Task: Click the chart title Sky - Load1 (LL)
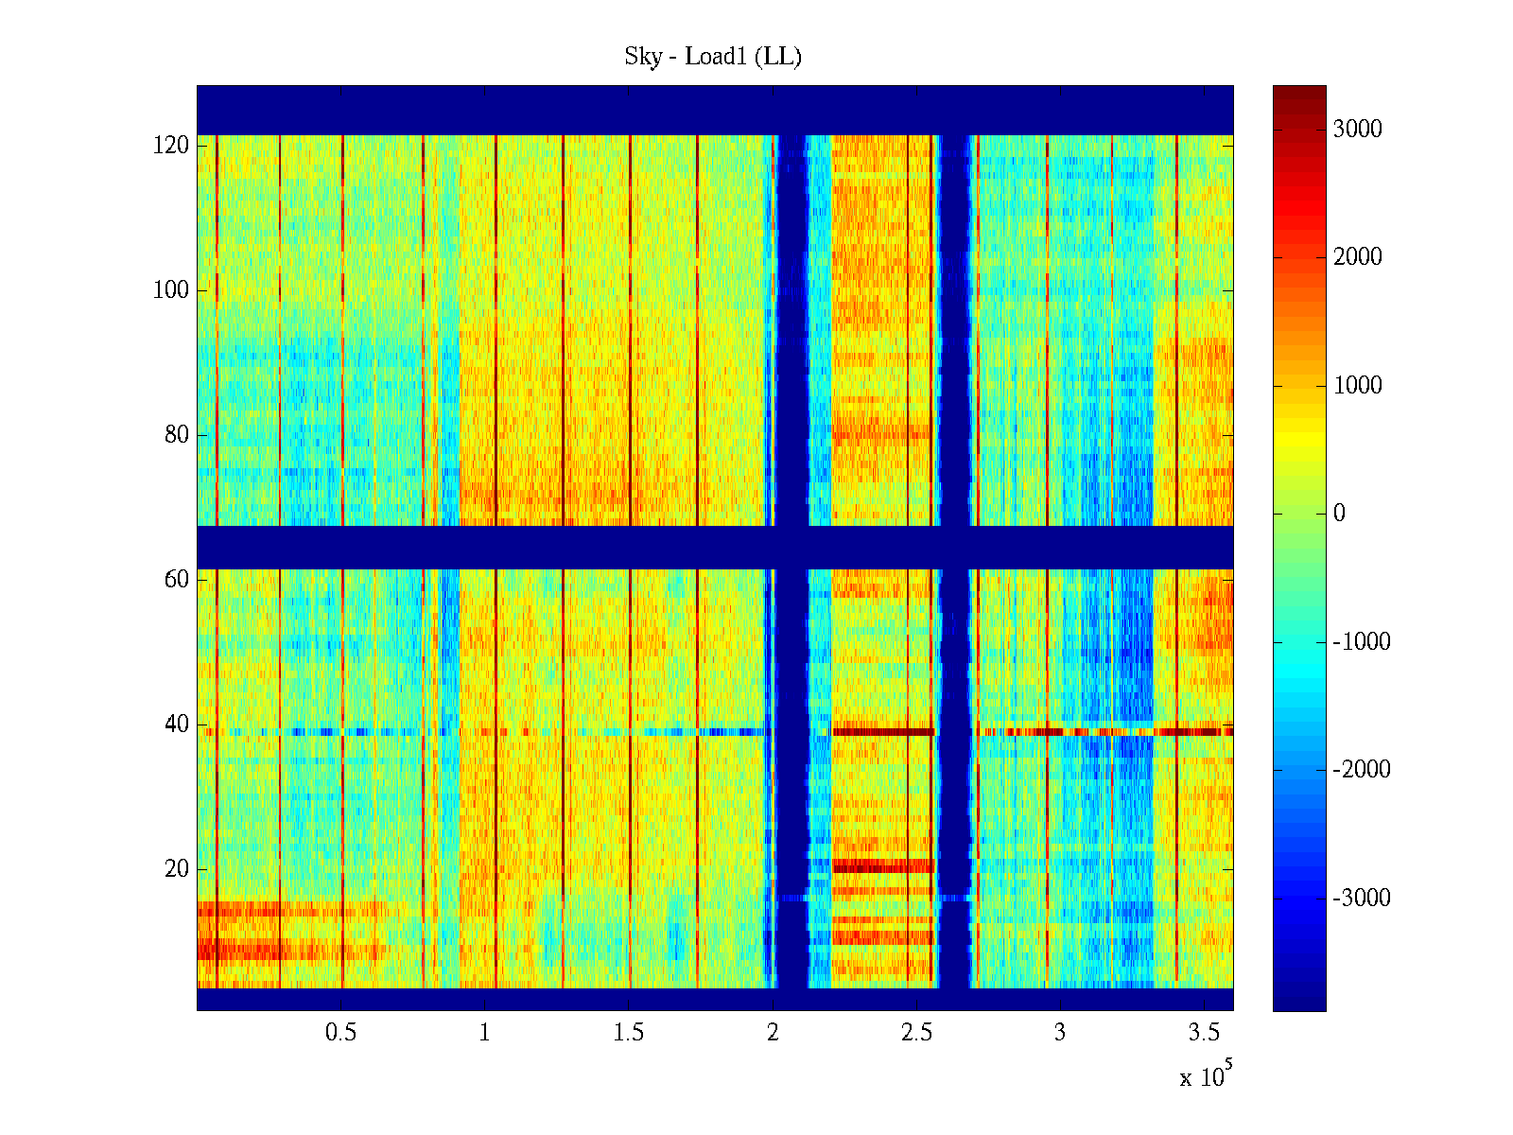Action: pyautogui.click(x=713, y=57)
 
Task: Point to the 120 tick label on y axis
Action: pyautogui.click(x=171, y=146)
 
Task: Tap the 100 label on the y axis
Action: pyautogui.click(x=171, y=290)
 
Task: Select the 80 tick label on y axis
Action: pyautogui.click(x=177, y=435)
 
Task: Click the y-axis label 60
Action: pyautogui.click(x=177, y=580)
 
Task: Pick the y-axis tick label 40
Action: pyautogui.click(x=177, y=725)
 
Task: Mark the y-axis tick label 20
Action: pyautogui.click(x=177, y=869)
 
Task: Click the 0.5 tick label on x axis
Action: pyautogui.click(x=341, y=1033)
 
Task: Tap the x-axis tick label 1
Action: pyautogui.click(x=485, y=1033)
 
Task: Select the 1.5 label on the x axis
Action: pyautogui.click(x=629, y=1033)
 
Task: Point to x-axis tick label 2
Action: pyautogui.click(x=773, y=1033)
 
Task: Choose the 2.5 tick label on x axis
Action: pyautogui.click(x=916, y=1033)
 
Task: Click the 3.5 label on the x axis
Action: pyautogui.click(x=1204, y=1033)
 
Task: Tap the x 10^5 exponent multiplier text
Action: pyautogui.click(x=1206, y=1077)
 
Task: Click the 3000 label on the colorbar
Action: pyautogui.click(x=1358, y=130)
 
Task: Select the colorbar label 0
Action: pyautogui.click(x=1339, y=514)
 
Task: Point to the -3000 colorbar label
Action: pyautogui.click(x=1362, y=899)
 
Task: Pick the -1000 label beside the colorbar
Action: pyautogui.click(x=1362, y=642)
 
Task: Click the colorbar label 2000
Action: pyautogui.click(x=1358, y=257)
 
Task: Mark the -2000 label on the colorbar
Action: pyautogui.click(x=1362, y=770)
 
